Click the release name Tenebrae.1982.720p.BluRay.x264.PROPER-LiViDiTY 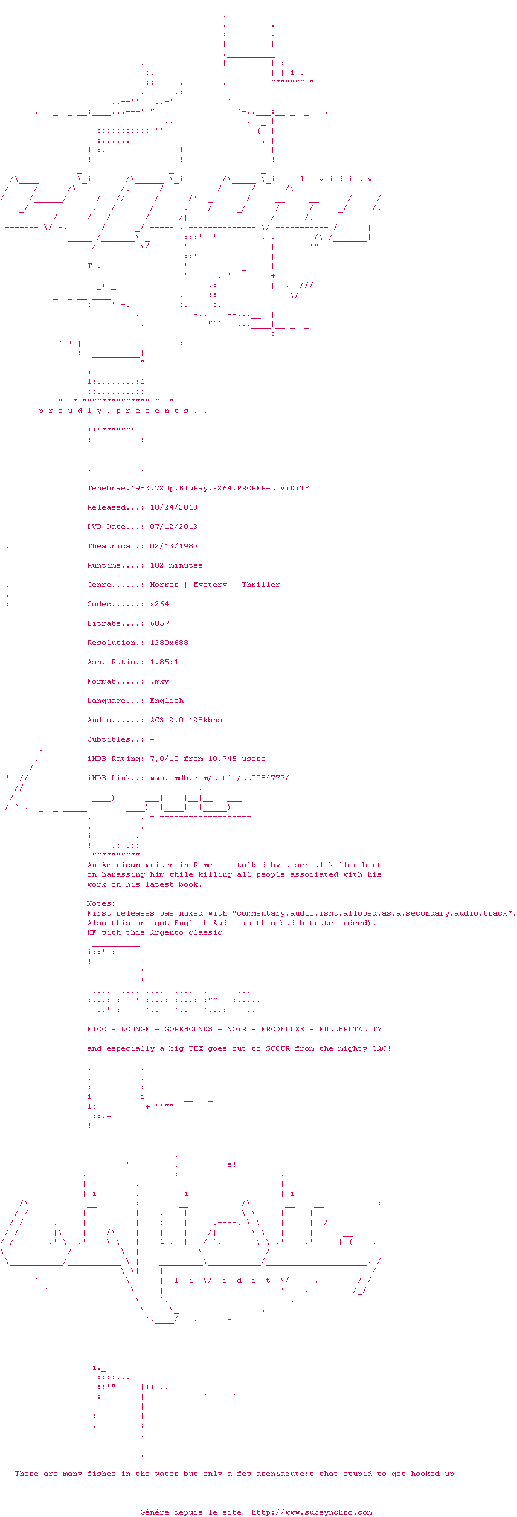tap(198, 488)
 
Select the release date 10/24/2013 tap(174, 507)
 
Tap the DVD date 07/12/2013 tap(174, 527)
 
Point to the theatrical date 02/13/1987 tap(174, 546)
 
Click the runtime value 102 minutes tap(176, 565)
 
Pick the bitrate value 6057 tap(159, 623)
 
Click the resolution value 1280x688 tap(169, 643)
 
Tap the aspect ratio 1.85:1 tap(164, 662)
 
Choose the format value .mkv tap(159, 681)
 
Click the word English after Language tap(167, 701)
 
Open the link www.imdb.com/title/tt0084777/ tap(220, 778)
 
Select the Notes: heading tap(101, 903)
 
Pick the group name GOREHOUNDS tap(188, 1029)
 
